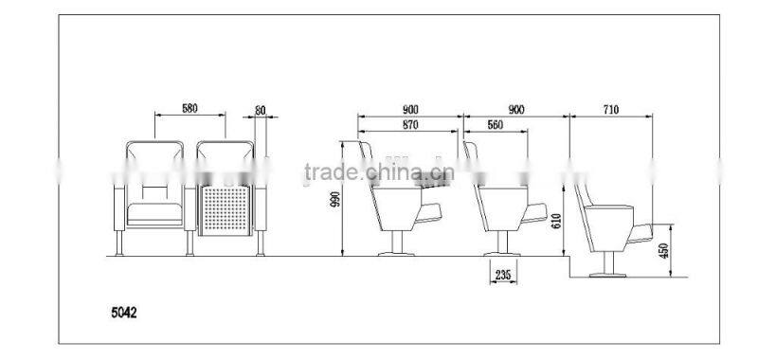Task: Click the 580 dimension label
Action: tap(189, 108)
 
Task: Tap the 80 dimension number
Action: tap(260, 110)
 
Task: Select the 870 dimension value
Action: tap(410, 125)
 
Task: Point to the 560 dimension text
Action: tap(495, 125)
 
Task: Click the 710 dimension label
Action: tap(610, 110)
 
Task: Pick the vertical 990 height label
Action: tap(334, 199)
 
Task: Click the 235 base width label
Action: tap(503, 275)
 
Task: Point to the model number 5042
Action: tap(124, 313)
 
